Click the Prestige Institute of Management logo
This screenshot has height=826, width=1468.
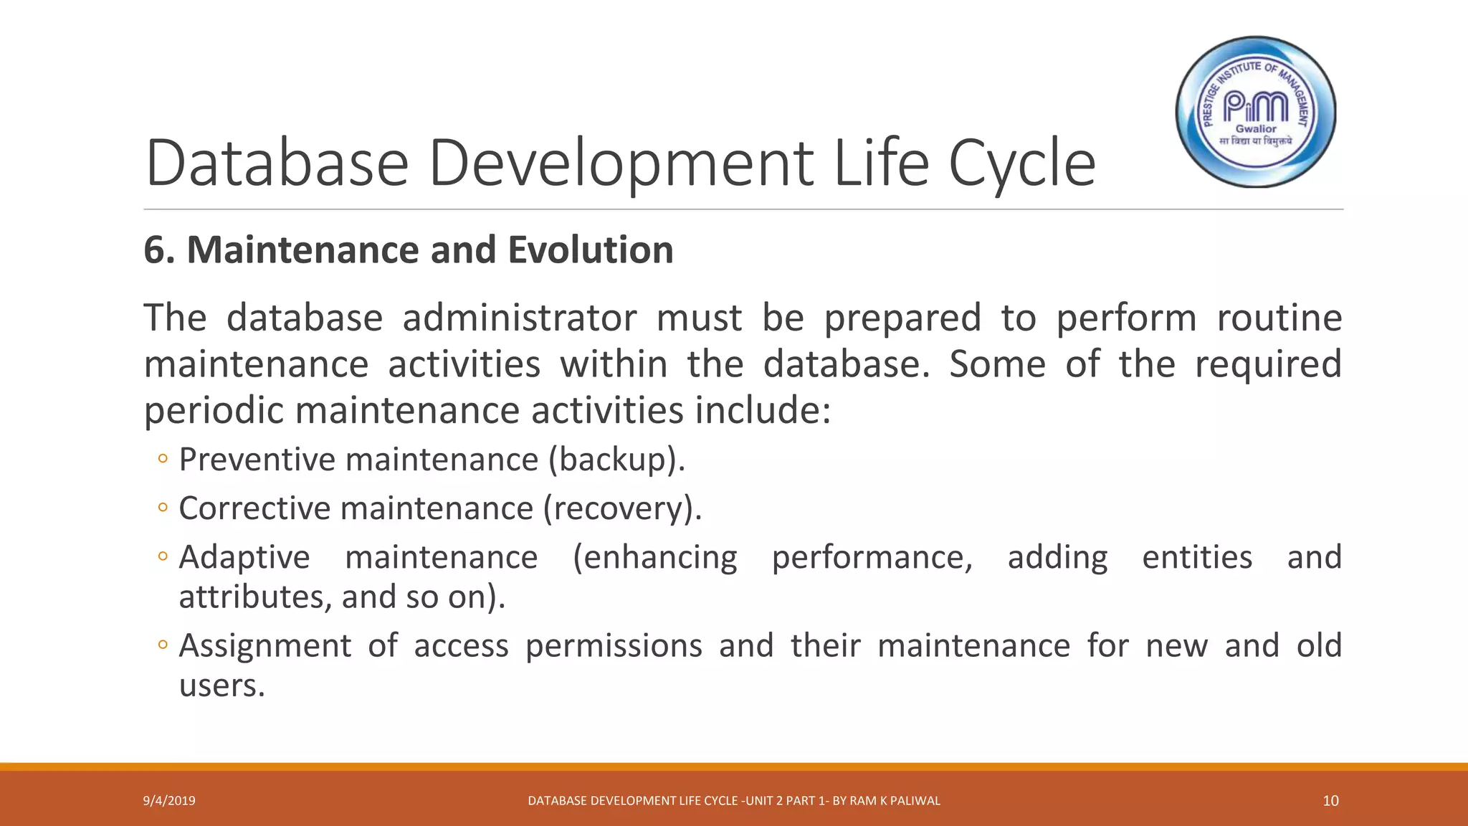(1256, 113)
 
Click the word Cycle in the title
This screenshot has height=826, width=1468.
(1022, 164)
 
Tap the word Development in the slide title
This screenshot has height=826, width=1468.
(621, 164)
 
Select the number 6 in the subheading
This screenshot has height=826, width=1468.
(155, 250)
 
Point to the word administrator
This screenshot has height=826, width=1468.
(520, 318)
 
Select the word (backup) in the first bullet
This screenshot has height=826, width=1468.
(616, 460)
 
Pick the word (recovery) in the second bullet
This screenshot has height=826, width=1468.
(621, 509)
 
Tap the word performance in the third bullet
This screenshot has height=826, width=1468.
(872, 558)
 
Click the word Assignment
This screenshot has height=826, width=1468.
(264, 646)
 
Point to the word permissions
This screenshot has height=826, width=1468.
(614, 646)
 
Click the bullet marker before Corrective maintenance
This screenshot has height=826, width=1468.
(163, 508)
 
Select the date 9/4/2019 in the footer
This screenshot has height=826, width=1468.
(169, 801)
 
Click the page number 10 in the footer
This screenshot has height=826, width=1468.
(1330, 801)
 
